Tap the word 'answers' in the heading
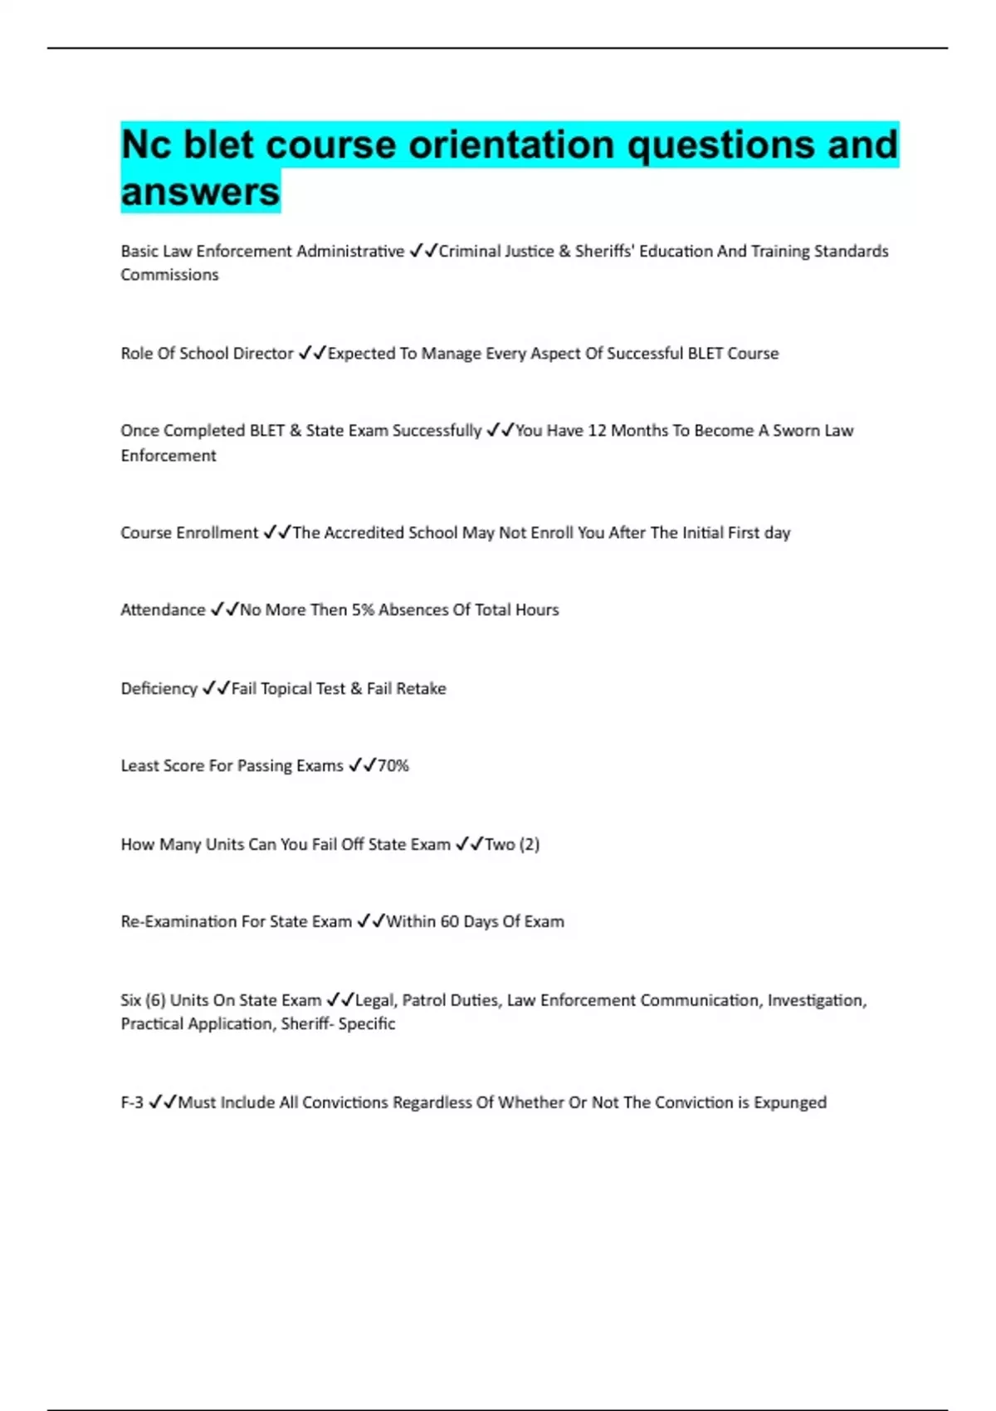pos(200,192)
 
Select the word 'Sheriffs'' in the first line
pos(607,251)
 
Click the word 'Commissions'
pos(169,275)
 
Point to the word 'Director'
pos(263,354)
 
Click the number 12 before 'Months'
pos(597,431)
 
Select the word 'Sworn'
pos(796,431)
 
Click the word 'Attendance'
pos(163,610)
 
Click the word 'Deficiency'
pos(159,689)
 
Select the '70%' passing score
pos(393,766)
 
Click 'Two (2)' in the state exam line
pos(511,845)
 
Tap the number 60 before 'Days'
pos(449,922)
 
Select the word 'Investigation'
pos(816,1001)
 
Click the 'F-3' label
pos(132,1103)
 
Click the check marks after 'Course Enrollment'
pos(276,533)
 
